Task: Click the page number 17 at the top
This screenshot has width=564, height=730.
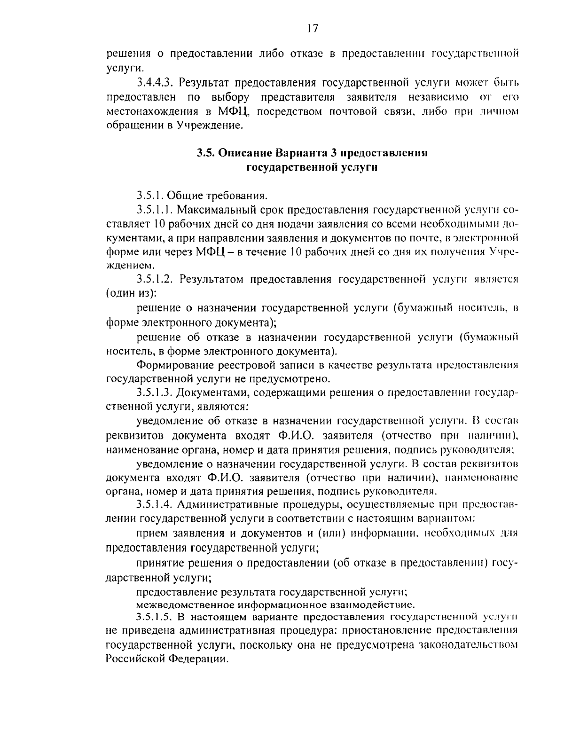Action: [312, 29]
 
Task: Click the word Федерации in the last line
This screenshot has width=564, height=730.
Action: [197, 659]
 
